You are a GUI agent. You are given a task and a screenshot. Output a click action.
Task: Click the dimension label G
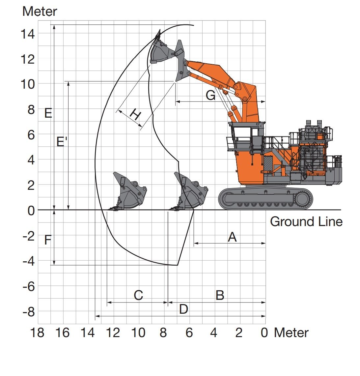point(210,96)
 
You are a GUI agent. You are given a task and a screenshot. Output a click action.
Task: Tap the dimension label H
point(135,114)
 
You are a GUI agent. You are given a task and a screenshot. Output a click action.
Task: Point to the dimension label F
point(48,240)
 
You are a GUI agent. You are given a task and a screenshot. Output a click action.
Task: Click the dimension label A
point(232,237)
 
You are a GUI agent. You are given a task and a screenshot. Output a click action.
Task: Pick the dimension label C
point(138,295)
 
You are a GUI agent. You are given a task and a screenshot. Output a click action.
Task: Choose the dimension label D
point(183,309)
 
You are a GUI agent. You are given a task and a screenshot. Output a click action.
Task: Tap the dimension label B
point(220,295)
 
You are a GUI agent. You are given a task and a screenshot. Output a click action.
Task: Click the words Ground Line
point(306,221)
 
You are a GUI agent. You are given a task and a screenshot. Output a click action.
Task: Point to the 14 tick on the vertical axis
point(28,34)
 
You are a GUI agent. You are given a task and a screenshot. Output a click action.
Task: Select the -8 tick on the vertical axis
point(29,312)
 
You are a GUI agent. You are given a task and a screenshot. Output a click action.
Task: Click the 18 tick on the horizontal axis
point(37,333)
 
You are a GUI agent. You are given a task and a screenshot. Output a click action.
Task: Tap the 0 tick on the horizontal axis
point(264,333)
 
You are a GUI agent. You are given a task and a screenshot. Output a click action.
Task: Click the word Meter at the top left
point(40,12)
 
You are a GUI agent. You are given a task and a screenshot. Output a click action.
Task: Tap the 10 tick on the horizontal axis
point(138,333)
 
